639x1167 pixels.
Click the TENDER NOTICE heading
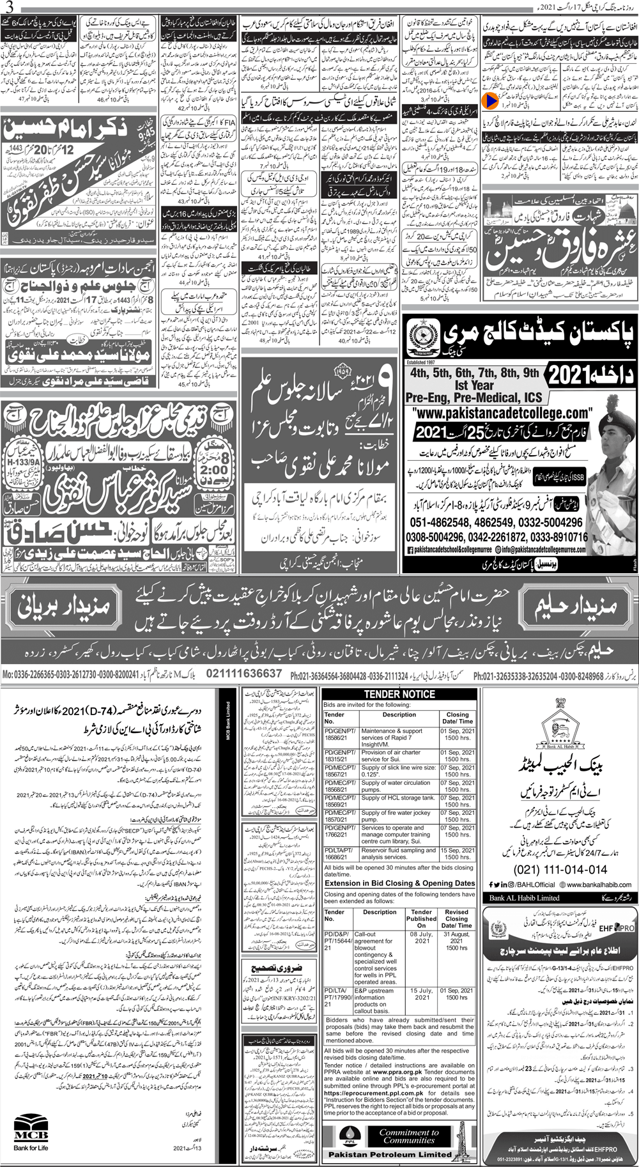tap(399, 694)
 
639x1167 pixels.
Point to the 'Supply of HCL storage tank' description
tap(398, 798)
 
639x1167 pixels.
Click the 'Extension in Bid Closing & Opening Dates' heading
tap(399, 883)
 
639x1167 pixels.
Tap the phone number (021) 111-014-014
tap(560, 870)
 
